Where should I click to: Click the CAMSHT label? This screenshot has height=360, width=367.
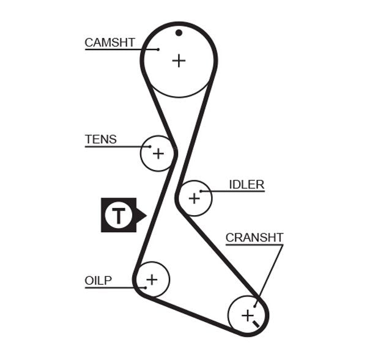[109, 42]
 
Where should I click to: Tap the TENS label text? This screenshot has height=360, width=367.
[100, 139]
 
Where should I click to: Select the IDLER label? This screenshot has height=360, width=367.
[247, 185]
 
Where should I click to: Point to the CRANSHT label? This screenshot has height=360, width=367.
[254, 238]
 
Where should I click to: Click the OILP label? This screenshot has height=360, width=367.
[98, 281]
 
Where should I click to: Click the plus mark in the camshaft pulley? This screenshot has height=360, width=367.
[178, 61]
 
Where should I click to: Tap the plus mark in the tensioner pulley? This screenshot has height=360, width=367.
[158, 153]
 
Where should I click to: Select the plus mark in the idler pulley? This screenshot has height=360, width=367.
[194, 198]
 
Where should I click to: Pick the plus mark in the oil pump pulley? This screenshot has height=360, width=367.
[151, 279]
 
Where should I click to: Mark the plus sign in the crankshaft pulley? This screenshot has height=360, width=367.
[247, 315]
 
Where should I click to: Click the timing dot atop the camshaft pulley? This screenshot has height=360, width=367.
[179, 32]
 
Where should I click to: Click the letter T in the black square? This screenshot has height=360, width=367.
[118, 215]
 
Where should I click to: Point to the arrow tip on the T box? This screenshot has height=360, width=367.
[145, 215]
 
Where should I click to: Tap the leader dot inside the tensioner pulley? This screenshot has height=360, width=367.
[150, 147]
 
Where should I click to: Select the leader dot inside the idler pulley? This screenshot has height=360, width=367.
[201, 191]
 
